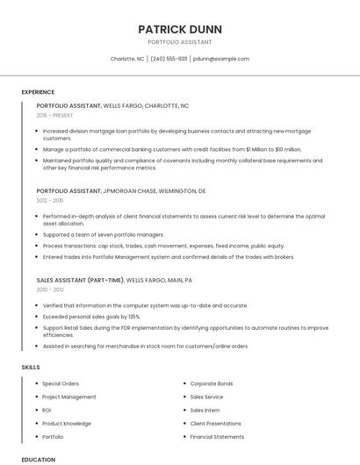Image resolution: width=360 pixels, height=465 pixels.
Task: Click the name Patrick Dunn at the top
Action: pos(180,29)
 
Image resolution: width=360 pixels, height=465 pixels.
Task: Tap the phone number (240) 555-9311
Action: pos(169,59)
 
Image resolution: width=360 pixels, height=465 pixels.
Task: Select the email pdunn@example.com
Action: pos(221,59)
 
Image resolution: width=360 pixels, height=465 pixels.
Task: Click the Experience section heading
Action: pos(38,92)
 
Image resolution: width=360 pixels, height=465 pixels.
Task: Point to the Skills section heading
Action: pos(31,367)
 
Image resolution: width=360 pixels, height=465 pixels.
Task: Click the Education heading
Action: pos(38,459)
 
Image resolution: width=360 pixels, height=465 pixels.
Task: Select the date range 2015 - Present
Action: pos(54,115)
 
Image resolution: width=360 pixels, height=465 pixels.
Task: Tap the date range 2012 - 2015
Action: pos(50,200)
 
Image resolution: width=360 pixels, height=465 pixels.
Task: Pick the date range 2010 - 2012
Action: pos(50,290)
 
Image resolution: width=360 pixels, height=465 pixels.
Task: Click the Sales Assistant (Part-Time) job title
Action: pos(80,280)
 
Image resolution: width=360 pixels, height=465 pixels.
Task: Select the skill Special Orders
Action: pos(61,383)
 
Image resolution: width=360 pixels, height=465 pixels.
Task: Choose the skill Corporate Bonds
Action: pos(212,383)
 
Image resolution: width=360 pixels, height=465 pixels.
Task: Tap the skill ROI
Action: pos(47,410)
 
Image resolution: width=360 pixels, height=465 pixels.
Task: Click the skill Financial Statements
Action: pos(217,436)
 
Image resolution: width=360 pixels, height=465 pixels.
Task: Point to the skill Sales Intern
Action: pos(205,410)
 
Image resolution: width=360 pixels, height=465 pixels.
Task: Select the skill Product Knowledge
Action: pos(66,423)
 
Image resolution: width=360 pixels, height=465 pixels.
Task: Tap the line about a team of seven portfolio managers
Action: pos(103,234)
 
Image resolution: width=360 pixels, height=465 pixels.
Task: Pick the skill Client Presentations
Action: pos(215,423)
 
